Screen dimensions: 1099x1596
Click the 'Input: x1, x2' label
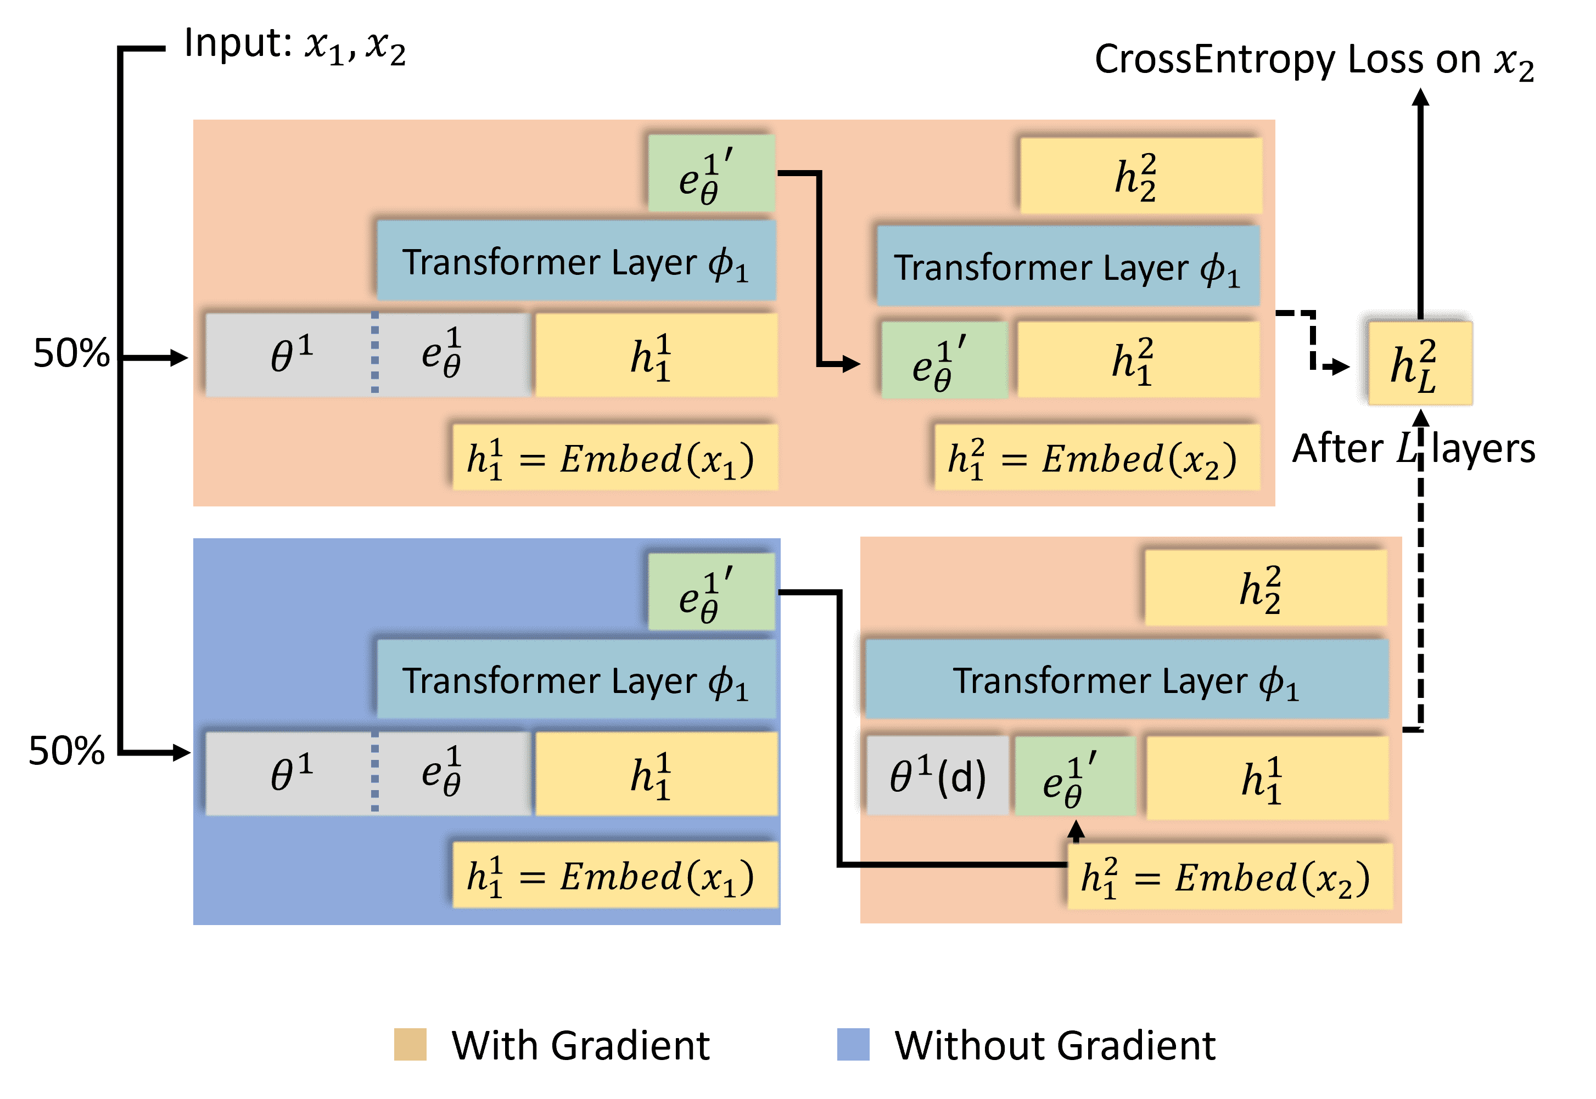[x=295, y=46]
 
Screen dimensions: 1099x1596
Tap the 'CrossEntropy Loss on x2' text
[x=1314, y=60]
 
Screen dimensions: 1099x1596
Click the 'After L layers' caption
[x=1414, y=449]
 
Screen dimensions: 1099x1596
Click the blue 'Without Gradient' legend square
[x=853, y=1045]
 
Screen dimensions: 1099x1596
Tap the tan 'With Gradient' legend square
[x=410, y=1045]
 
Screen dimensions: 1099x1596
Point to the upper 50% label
[x=71, y=353]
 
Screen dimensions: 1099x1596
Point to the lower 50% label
[x=66, y=751]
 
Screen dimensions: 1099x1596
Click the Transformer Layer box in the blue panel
[x=576, y=680]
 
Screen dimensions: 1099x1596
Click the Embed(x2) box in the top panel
[x=1096, y=458]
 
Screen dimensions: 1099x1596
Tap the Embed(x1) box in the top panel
[x=614, y=458]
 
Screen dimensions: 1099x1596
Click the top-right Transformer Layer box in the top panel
[x=1068, y=267]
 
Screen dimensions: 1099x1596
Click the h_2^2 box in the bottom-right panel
[x=1265, y=589]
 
